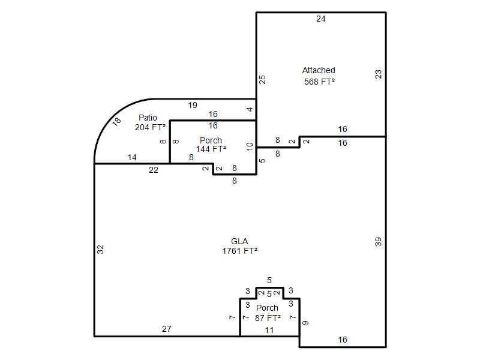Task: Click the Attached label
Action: click(319, 70)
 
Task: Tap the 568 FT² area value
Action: click(319, 82)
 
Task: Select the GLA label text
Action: click(239, 241)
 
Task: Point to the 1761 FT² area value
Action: click(239, 251)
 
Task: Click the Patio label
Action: click(148, 118)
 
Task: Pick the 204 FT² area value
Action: click(150, 127)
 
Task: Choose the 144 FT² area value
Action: click(211, 149)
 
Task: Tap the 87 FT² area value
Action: click(268, 318)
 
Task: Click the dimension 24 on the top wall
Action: click(321, 19)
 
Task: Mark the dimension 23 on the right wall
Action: click(379, 74)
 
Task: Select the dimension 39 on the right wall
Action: click(379, 242)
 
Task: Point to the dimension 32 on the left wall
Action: click(100, 250)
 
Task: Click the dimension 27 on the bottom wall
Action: click(167, 329)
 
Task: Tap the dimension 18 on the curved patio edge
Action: click(116, 122)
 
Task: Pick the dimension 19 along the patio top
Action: click(193, 106)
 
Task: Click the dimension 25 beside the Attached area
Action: click(262, 80)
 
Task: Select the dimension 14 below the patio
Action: click(132, 157)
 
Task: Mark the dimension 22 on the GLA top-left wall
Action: click(154, 170)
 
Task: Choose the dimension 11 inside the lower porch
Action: click(269, 330)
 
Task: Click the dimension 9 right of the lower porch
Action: click(305, 323)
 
